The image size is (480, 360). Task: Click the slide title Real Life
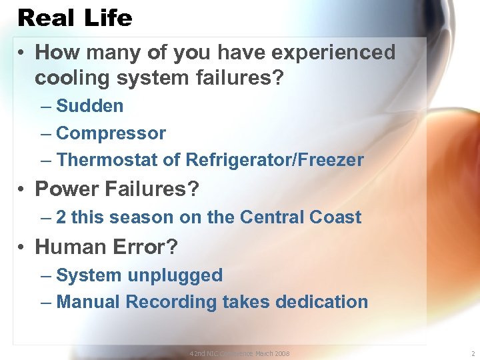pos(75,17)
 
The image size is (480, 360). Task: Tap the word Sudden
pos(90,106)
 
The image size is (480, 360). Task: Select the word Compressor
pos(111,133)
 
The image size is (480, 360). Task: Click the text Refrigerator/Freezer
pos(275,160)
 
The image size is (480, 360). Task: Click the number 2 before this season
pos(61,217)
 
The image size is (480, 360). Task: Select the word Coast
pos(336,217)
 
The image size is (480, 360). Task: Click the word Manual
pos(89,302)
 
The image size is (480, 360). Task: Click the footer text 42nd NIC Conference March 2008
pos(239,353)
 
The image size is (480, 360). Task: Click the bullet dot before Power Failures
pos(23,190)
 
